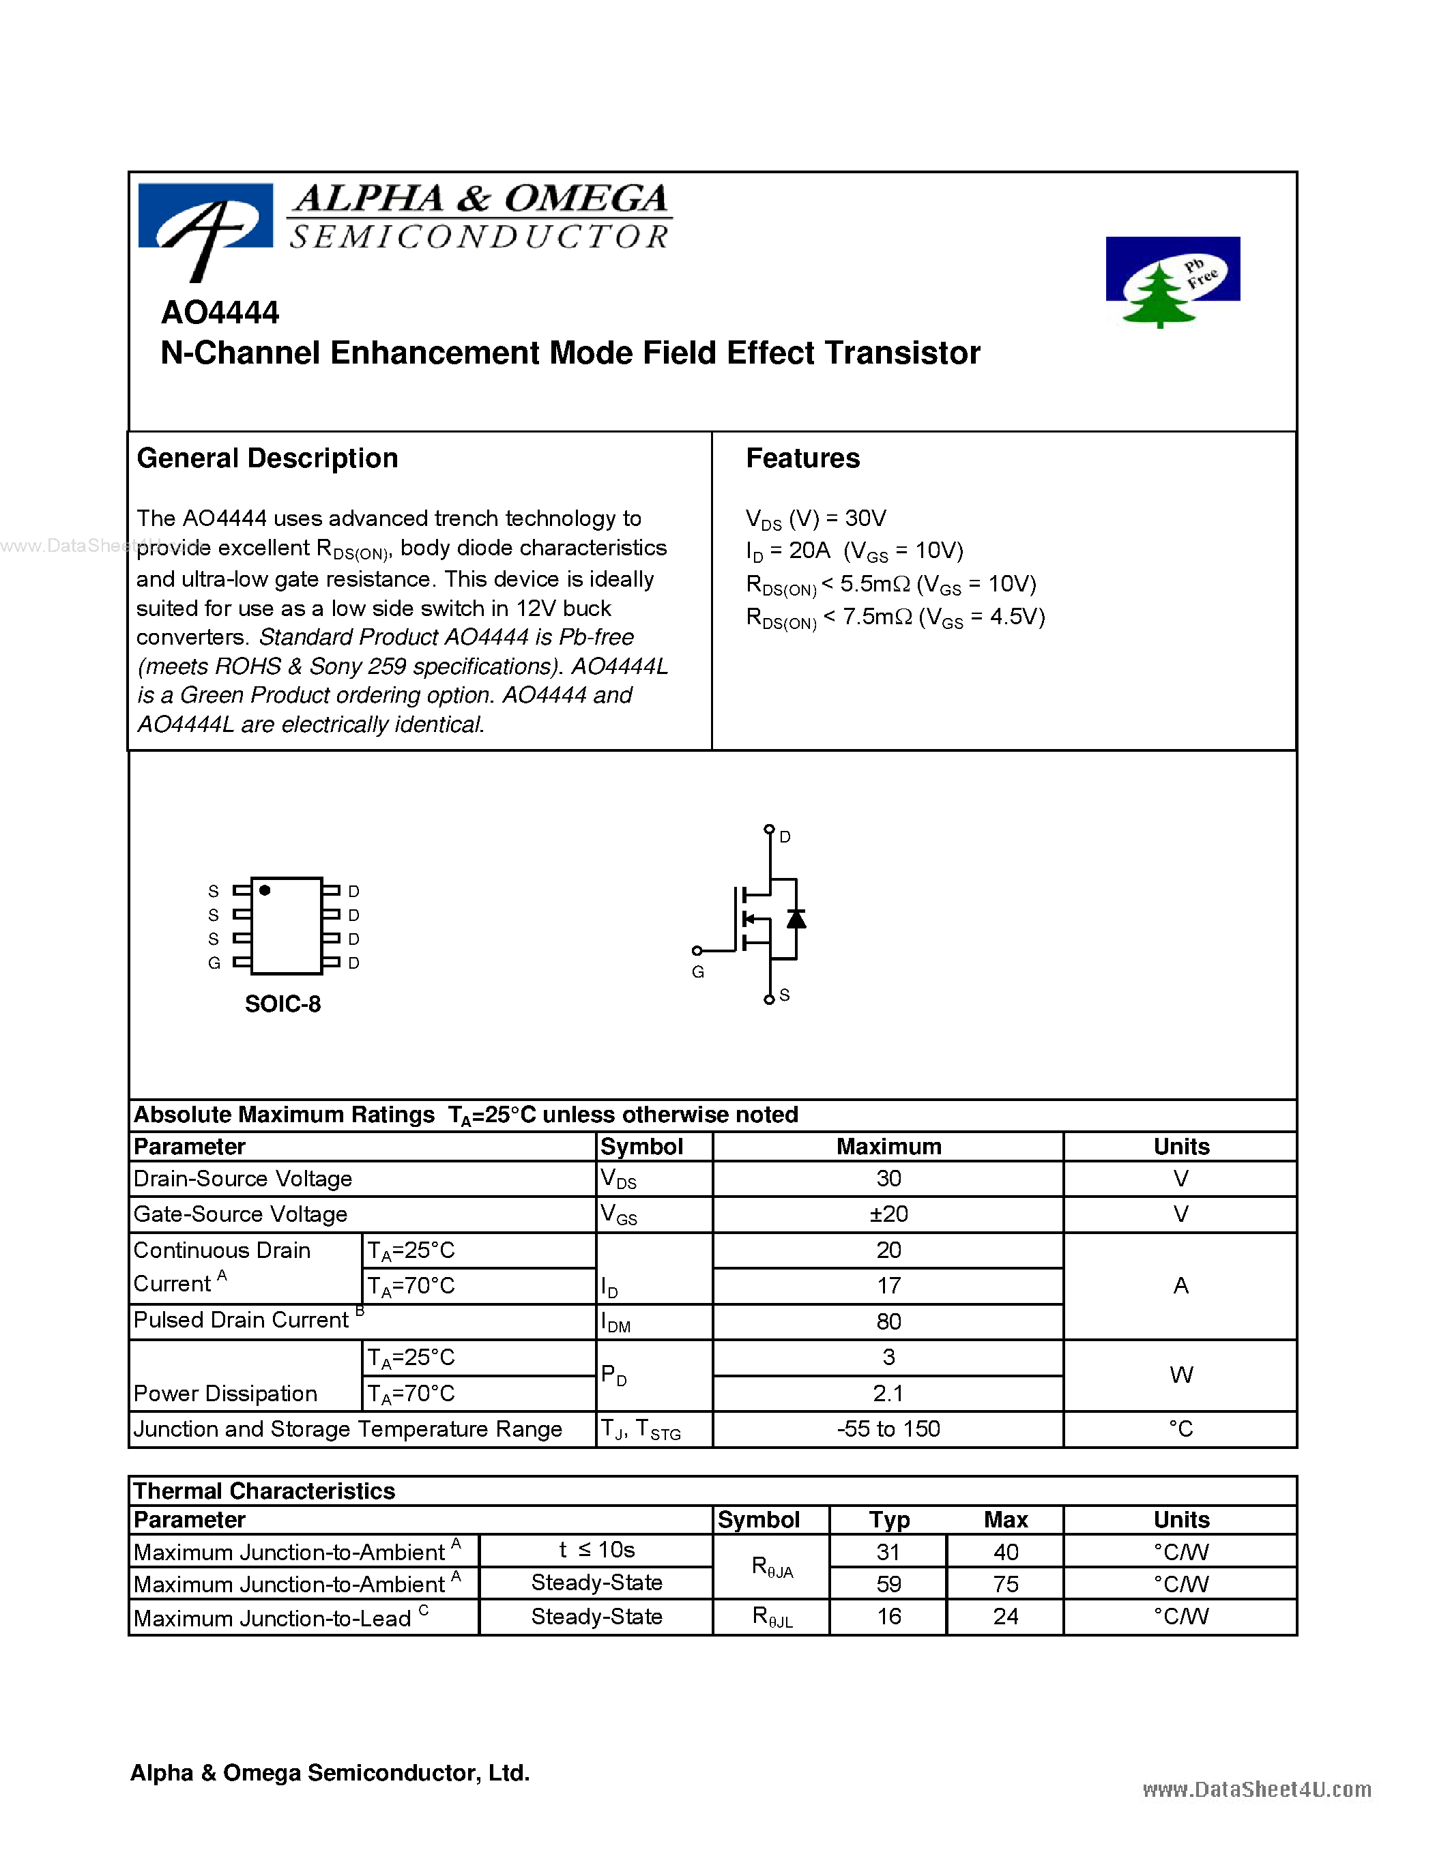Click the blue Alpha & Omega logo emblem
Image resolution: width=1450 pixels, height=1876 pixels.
click(205, 222)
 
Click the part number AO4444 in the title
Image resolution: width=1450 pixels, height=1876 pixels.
click(220, 312)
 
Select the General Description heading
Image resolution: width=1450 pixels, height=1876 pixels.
click(267, 458)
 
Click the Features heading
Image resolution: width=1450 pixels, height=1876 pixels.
click(802, 458)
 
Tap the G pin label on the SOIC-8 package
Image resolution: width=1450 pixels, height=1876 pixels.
click(214, 963)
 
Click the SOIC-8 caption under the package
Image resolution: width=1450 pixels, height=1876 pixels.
click(282, 1004)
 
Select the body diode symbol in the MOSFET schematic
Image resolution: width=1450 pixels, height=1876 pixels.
click(796, 918)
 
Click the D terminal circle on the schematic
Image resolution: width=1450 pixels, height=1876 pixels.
click(769, 830)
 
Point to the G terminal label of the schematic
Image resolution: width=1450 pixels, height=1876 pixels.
click(697, 972)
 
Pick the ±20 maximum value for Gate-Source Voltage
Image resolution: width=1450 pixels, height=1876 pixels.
click(888, 1214)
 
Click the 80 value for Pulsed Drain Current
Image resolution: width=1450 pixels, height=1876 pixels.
click(888, 1322)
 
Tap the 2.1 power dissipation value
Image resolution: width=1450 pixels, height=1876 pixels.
click(888, 1393)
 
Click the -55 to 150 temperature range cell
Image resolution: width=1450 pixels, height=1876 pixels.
click(888, 1429)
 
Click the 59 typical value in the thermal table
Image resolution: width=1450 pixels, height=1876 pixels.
click(888, 1584)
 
